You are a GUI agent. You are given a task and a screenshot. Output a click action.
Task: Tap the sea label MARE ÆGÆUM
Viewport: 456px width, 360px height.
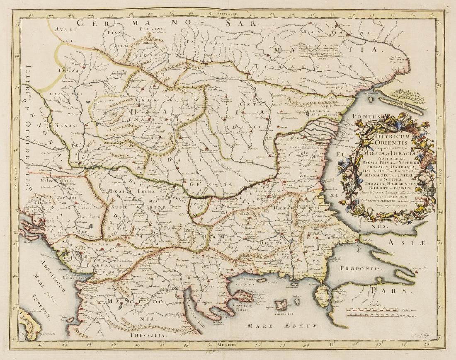[x=283, y=326]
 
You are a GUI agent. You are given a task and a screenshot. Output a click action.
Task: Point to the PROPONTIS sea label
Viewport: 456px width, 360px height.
[x=360, y=268]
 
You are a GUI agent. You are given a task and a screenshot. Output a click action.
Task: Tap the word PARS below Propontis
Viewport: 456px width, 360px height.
[x=396, y=291]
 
